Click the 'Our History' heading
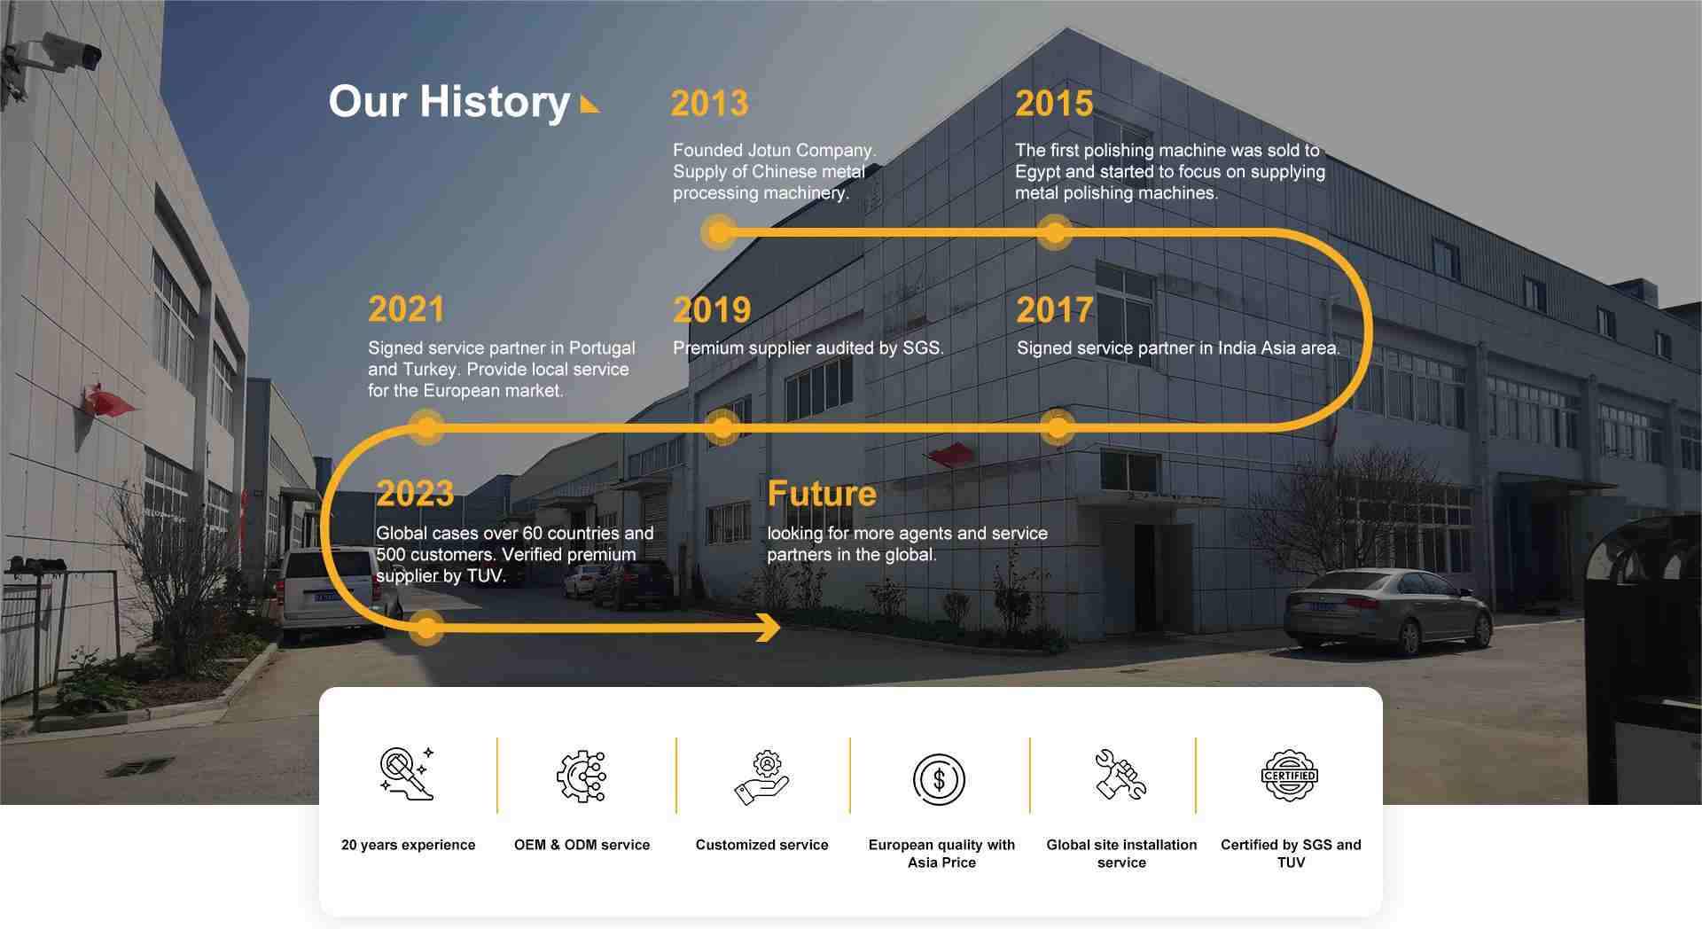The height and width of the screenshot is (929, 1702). click(x=449, y=103)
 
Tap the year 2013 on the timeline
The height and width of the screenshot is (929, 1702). click(x=709, y=104)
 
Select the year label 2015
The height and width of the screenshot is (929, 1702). click(x=1054, y=104)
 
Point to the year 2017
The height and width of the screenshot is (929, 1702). click(x=1054, y=310)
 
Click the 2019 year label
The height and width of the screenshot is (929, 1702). click(x=712, y=310)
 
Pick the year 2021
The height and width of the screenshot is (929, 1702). click(x=406, y=309)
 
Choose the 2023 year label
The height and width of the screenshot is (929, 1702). click(x=415, y=494)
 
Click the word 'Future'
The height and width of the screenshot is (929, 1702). click(x=822, y=494)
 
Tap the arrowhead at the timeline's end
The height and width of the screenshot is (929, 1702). click(x=768, y=628)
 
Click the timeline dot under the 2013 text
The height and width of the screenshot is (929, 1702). click(x=719, y=233)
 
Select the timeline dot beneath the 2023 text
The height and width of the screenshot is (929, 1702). click(x=426, y=628)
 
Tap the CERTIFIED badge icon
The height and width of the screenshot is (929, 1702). click(x=1289, y=776)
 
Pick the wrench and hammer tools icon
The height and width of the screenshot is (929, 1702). click(x=1120, y=775)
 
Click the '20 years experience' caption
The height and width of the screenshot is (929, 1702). click(x=408, y=845)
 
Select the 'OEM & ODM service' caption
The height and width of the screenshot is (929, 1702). click(x=582, y=845)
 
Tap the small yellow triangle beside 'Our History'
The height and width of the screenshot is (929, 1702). click(x=589, y=105)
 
